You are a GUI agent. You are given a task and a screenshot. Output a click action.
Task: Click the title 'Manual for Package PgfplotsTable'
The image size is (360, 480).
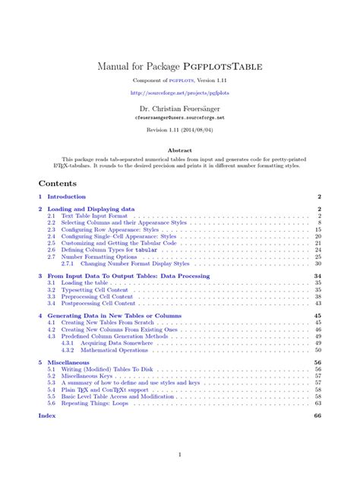click(x=180, y=66)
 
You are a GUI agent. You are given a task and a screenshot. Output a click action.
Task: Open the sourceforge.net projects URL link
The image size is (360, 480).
click(x=180, y=93)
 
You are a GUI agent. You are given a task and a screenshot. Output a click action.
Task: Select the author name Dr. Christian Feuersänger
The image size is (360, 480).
click(x=180, y=110)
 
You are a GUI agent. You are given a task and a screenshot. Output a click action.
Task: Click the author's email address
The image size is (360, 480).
click(x=180, y=119)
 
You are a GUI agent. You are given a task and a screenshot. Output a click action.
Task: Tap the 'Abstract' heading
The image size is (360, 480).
click(x=180, y=150)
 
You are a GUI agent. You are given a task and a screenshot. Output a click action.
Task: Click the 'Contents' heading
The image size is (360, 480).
click(x=58, y=184)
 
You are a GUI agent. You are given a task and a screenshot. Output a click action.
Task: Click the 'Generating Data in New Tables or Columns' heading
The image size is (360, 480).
click(x=113, y=315)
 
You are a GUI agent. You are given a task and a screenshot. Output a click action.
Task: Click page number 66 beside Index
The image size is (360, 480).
click(x=317, y=416)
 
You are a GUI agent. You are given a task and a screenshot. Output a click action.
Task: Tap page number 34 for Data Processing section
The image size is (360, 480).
click(x=317, y=276)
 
